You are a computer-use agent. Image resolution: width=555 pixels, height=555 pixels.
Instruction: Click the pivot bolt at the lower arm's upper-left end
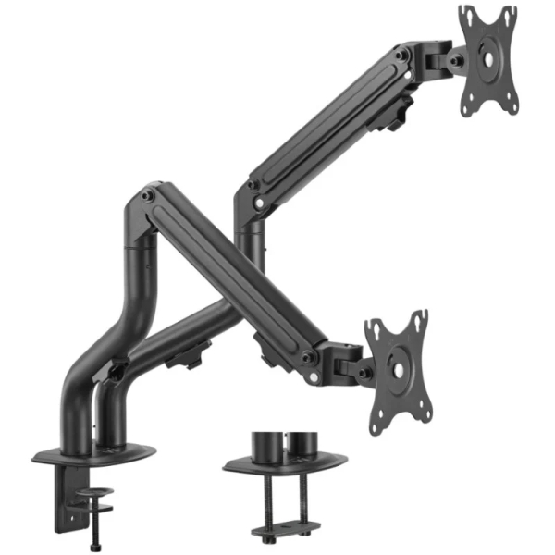(148, 196)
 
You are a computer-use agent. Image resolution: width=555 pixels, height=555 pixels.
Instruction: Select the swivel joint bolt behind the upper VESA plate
(455, 61)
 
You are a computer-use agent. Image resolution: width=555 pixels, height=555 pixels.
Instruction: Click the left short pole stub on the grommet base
(269, 443)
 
